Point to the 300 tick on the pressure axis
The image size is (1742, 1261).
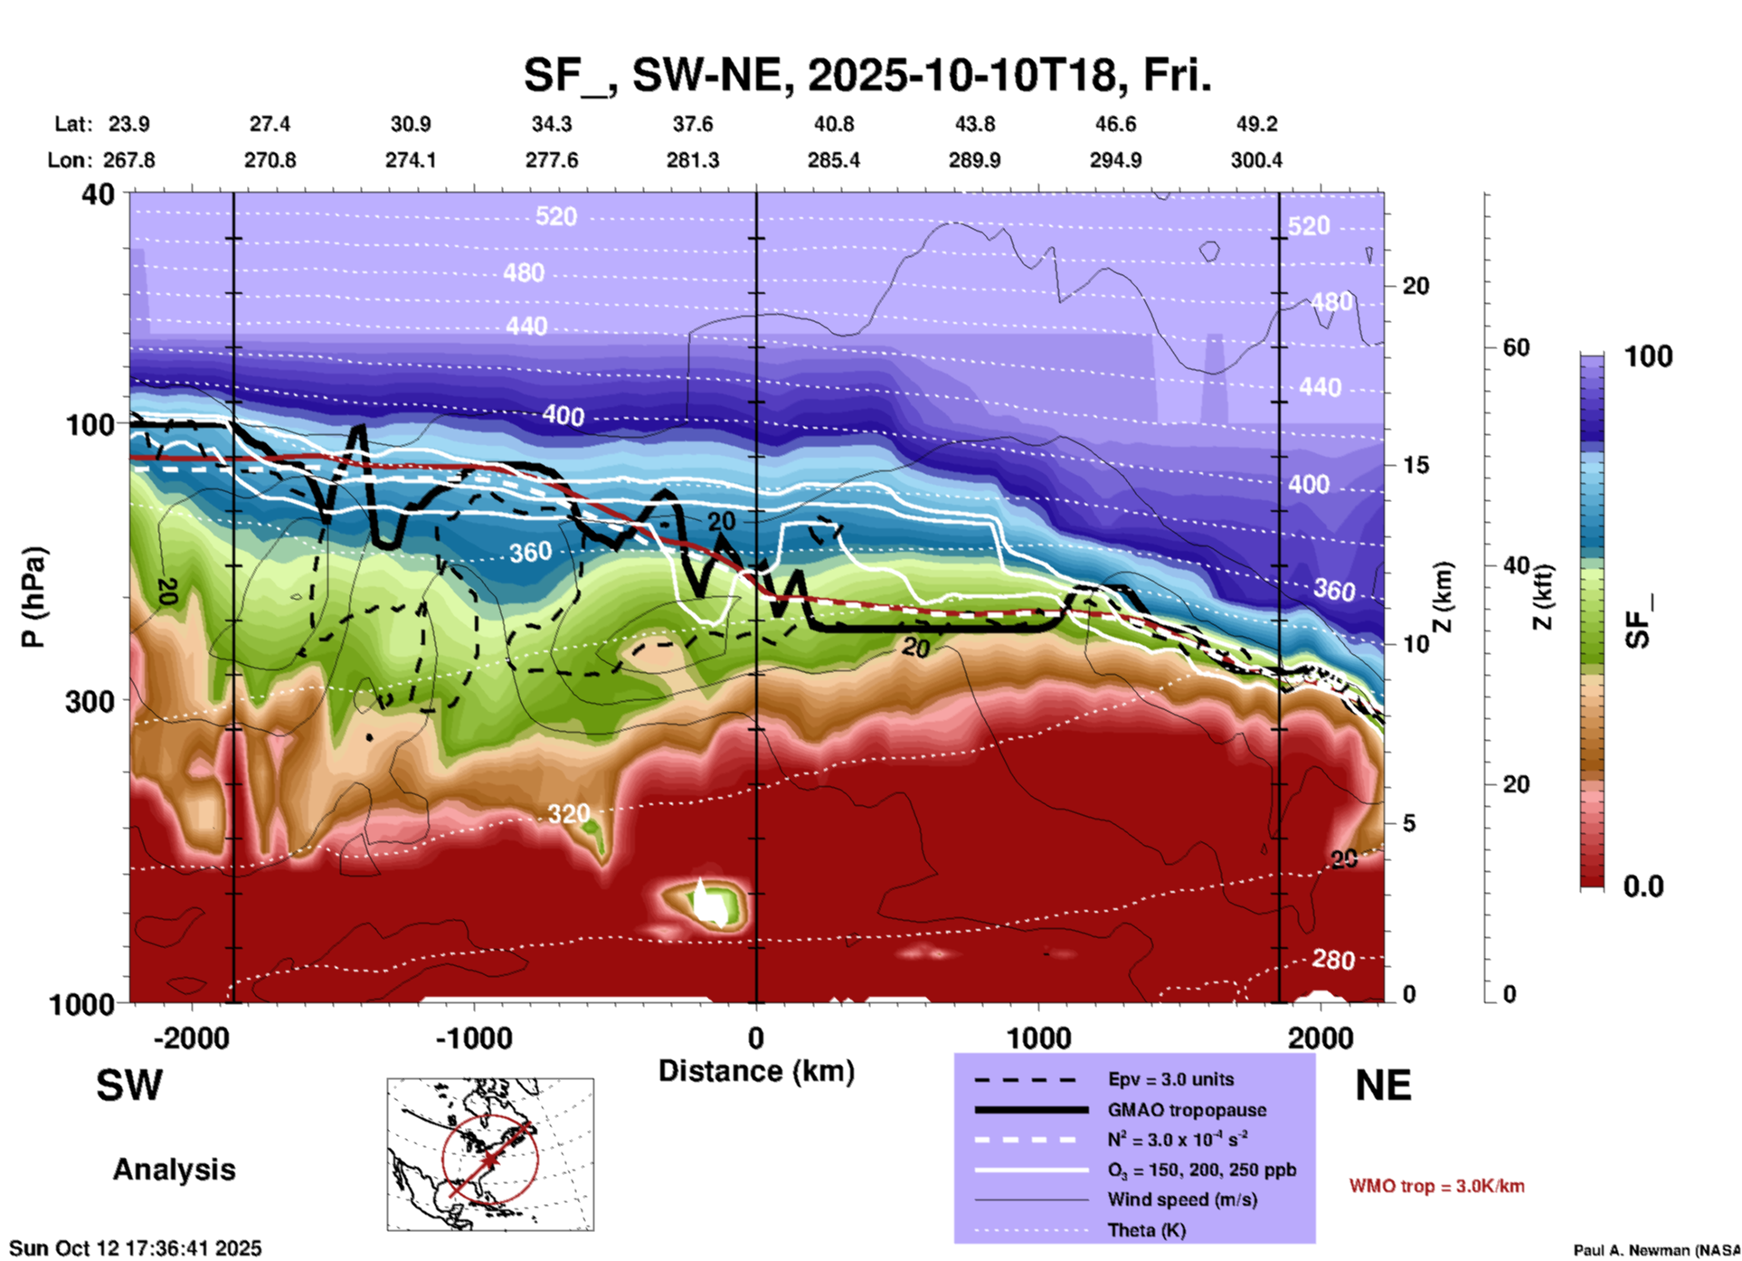(90, 701)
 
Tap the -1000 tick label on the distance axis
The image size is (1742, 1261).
(473, 1038)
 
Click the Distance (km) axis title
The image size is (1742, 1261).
(756, 1071)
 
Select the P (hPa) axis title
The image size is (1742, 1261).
(33, 597)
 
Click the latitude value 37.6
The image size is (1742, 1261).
(692, 124)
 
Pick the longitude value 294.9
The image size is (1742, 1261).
(1115, 160)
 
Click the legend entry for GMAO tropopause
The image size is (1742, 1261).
(1187, 1110)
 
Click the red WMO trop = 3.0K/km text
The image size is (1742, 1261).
(1436, 1186)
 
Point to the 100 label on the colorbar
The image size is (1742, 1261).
(1648, 356)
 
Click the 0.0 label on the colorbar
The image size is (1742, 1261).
(1643, 886)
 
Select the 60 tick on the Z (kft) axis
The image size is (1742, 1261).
(1516, 347)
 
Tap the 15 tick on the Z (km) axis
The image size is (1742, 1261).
(1415, 465)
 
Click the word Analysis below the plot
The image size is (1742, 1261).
(174, 1170)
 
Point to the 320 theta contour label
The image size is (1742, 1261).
(568, 814)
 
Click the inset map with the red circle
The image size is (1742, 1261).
(490, 1153)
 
